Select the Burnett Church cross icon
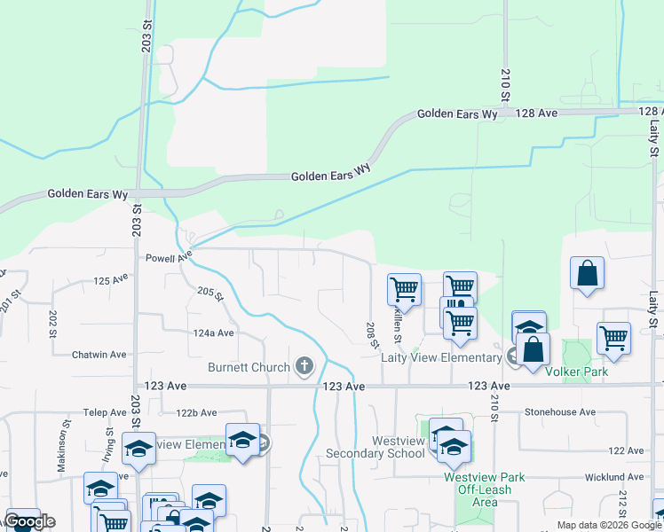(x=304, y=365)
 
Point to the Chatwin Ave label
(x=100, y=355)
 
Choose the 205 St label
(x=208, y=293)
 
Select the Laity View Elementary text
(x=441, y=357)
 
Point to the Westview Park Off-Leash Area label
(x=484, y=489)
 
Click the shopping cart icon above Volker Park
(x=613, y=337)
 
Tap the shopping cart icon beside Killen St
(x=404, y=289)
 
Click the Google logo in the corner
(x=29, y=521)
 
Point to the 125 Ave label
(x=111, y=279)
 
